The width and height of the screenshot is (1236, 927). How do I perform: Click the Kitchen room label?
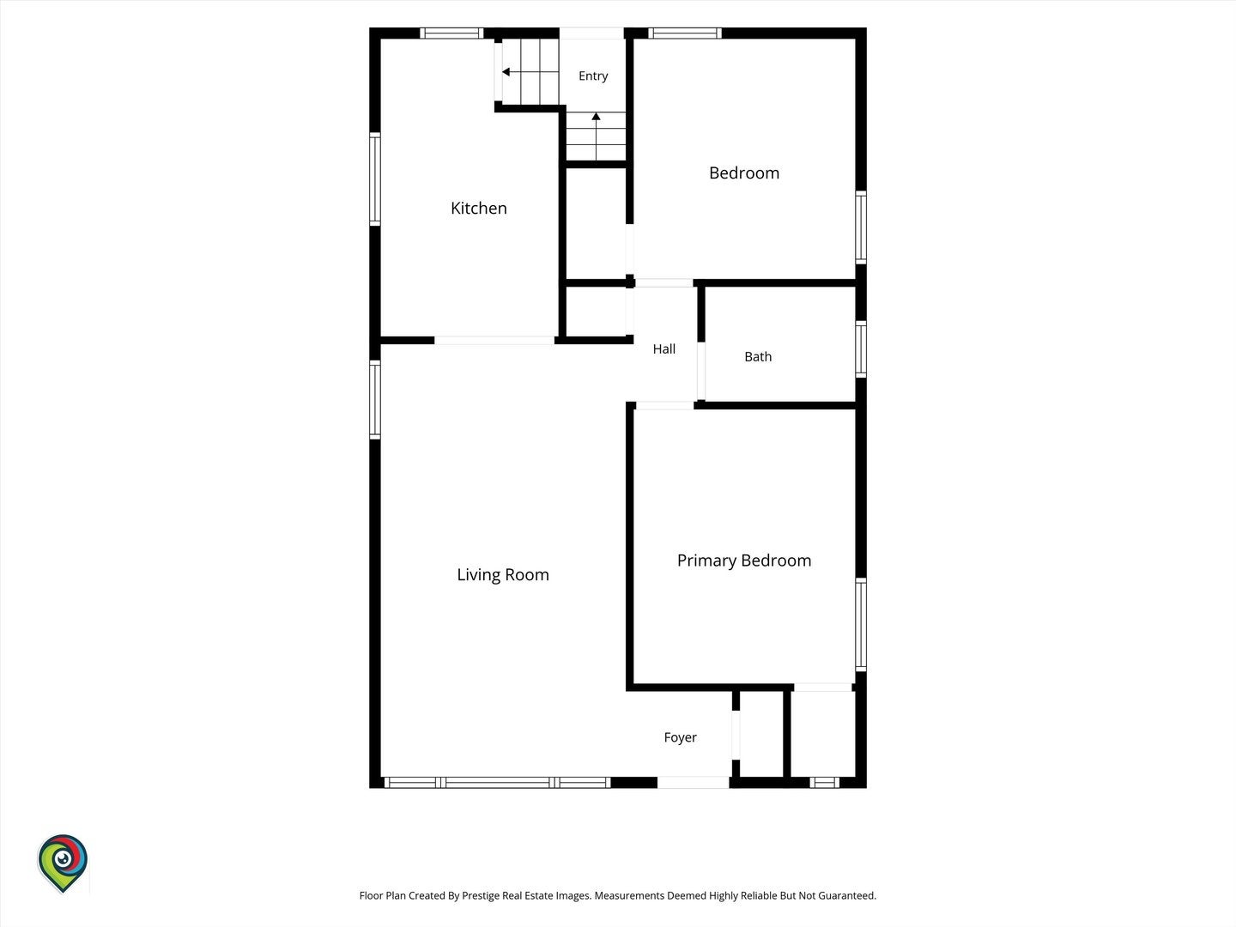(479, 209)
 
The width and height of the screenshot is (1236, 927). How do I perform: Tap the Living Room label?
(503, 575)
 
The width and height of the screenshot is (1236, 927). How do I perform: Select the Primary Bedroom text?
(744, 560)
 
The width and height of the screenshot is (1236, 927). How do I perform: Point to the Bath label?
(758, 357)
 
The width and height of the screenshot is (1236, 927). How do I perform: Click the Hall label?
(663, 349)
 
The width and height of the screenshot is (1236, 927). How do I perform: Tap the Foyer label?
(680, 737)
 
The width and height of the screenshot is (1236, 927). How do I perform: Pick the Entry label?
(593, 76)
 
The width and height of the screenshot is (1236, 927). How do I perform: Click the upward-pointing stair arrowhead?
(596, 117)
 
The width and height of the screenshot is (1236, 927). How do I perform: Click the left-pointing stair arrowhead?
(506, 72)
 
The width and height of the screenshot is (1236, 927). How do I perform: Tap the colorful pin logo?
(63, 863)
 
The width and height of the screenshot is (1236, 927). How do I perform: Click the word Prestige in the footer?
(481, 895)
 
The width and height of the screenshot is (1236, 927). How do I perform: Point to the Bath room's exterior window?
(861, 349)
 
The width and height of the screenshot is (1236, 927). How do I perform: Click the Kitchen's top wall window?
(451, 33)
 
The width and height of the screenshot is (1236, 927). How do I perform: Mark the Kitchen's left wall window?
(375, 179)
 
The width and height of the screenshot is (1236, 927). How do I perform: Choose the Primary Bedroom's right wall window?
(861, 624)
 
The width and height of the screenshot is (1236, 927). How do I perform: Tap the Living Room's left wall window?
(375, 400)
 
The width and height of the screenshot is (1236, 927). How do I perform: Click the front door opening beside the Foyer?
(694, 782)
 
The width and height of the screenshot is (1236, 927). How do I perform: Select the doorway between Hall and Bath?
(701, 371)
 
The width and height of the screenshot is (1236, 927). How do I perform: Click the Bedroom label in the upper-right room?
(744, 173)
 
